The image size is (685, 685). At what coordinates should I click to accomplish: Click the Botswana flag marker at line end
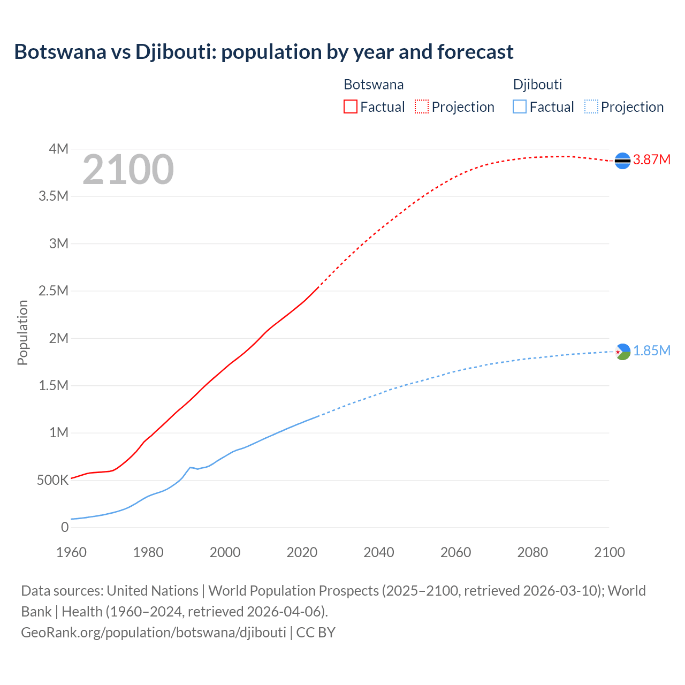pos(622,161)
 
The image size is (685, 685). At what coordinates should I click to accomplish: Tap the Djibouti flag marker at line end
pos(622,352)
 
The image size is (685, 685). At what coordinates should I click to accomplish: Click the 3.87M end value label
pos(652,159)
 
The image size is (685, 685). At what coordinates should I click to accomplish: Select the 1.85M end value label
pos(652,351)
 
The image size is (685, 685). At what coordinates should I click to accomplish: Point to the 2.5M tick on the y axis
pos(54,291)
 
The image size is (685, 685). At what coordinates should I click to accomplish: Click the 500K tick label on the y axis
pos(52,480)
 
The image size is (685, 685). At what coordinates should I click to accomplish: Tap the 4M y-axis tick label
pos(58,149)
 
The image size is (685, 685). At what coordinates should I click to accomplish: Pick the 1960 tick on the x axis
pos(71,552)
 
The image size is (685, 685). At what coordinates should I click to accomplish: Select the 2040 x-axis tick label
pos(379,552)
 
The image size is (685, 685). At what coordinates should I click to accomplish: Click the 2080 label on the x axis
pos(532,552)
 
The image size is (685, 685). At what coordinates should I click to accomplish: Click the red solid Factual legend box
pos(351,106)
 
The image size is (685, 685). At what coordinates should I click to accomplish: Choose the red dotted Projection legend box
pos(422,106)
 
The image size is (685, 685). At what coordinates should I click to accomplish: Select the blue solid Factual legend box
pos(520,106)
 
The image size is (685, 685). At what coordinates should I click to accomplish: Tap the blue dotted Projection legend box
pos(591,106)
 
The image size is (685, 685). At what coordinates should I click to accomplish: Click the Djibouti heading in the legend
pos(537,85)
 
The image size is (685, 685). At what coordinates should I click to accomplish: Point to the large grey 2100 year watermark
pos(128,170)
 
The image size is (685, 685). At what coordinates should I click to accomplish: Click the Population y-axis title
pos(22,332)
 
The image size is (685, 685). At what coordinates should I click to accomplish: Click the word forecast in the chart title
pos(475,52)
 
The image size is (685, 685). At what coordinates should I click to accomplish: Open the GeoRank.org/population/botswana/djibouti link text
pos(154,632)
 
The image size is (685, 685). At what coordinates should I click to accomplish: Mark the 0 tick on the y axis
pos(65,527)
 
